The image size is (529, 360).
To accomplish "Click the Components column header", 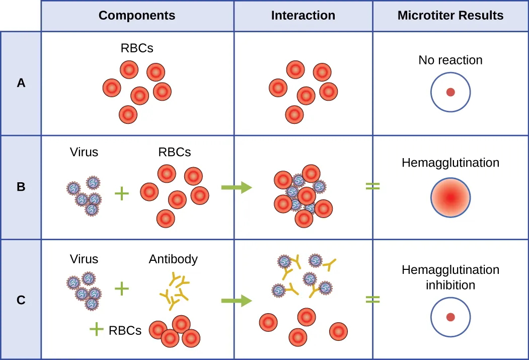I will (137, 16).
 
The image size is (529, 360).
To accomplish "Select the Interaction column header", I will (303, 16).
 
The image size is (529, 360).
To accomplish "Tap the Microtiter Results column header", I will (450, 16).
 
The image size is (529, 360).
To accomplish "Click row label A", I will (21, 83).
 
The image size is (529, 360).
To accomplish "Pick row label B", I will (21, 187).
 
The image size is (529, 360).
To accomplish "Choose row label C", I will (21, 300).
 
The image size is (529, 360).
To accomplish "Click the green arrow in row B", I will (236, 188).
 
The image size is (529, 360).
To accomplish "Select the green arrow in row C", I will (236, 301).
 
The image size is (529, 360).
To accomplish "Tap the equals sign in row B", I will (372, 186).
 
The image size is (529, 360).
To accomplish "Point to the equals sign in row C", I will (372, 300).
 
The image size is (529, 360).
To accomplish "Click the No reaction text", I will (450, 60).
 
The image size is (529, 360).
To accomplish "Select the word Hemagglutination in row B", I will (450, 163).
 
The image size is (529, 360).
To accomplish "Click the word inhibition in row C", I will (450, 285).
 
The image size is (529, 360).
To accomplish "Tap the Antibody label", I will (173, 259).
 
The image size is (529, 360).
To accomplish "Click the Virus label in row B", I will (84, 152).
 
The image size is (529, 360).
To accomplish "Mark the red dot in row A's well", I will (450, 93).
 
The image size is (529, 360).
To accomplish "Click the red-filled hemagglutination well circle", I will (450, 197).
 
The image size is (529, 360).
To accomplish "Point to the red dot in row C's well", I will (450, 317).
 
